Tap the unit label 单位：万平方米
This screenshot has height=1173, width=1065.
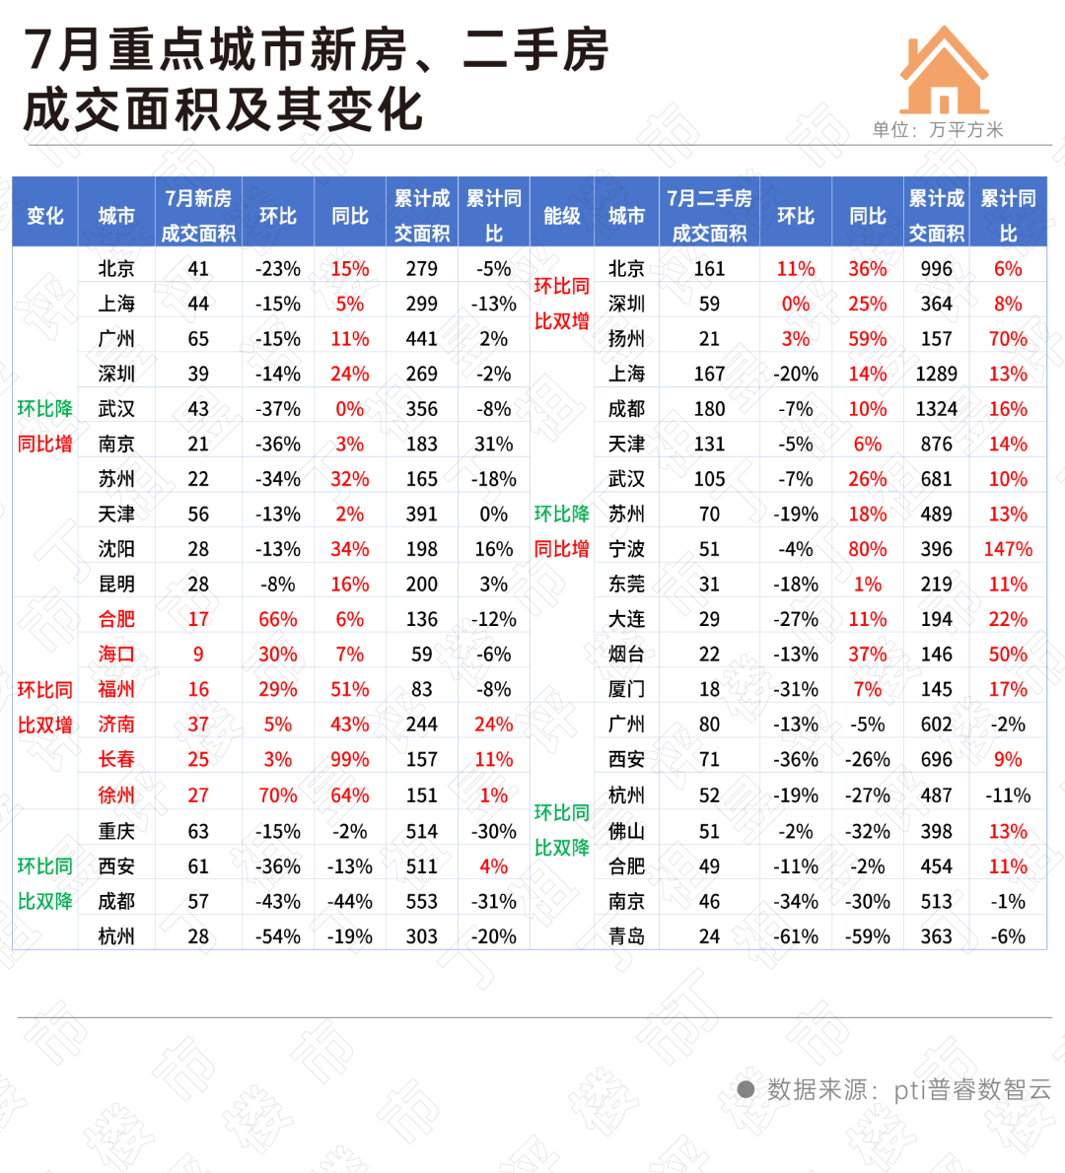(937, 130)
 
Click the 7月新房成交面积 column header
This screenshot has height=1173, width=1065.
(198, 216)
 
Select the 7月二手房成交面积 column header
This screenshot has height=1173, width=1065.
(709, 216)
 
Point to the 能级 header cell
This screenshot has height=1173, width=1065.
(561, 216)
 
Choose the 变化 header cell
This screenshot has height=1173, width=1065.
(45, 216)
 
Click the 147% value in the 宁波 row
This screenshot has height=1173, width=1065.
(1008, 549)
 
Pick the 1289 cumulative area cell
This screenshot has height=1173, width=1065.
(936, 374)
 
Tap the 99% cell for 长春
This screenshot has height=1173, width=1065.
(349, 759)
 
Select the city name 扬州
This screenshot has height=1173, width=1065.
(626, 339)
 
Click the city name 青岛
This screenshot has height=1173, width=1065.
(626, 936)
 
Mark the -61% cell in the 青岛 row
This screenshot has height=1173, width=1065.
(795, 936)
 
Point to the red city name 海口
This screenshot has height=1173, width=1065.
(116, 655)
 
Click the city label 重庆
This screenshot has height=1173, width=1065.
(116, 831)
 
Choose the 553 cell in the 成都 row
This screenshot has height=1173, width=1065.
(421, 902)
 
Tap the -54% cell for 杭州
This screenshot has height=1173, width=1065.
(278, 936)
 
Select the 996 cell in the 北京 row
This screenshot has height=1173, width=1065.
(936, 268)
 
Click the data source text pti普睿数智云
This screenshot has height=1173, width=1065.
(972, 1089)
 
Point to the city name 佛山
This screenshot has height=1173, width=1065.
(626, 831)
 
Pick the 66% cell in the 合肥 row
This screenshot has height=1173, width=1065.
(278, 619)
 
